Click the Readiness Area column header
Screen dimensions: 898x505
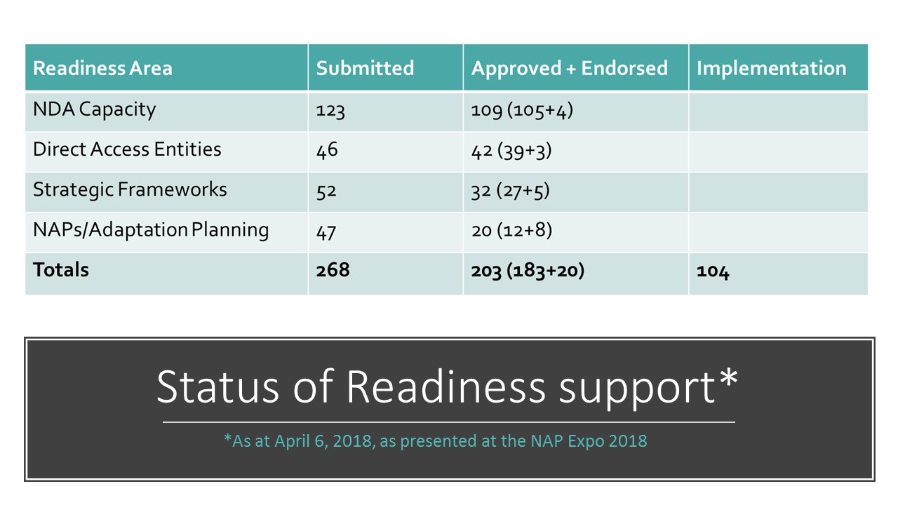pyautogui.click(x=102, y=68)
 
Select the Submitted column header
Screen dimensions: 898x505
pyautogui.click(x=365, y=68)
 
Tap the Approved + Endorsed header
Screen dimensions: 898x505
pyautogui.click(x=569, y=68)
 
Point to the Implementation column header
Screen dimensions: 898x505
pyautogui.click(x=771, y=68)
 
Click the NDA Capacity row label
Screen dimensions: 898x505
pyautogui.click(x=94, y=109)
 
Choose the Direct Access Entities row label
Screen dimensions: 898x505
pyautogui.click(x=127, y=149)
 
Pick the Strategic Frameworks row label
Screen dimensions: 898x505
pyautogui.click(x=130, y=189)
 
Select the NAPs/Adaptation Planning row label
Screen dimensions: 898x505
pyautogui.click(x=151, y=230)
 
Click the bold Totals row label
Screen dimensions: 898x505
pyautogui.click(x=61, y=269)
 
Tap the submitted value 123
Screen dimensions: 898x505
pyautogui.click(x=330, y=111)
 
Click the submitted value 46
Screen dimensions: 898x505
pyautogui.click(x=327, y=150)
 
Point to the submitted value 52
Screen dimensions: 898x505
pyautogui.click(x=326, y=191)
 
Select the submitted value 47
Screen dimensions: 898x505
pyautogui.click(x=326, y=232)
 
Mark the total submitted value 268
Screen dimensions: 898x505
pyautogui.click(x=333, y=270)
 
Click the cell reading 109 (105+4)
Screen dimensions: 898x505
pyautogui.click(x=522, y=111)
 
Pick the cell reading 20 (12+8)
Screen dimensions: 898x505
pyautogui.click(x=511, y=231)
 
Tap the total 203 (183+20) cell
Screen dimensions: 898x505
pyautogui.click(x=528, y=271)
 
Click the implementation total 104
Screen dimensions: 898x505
pyautogui.click(x=713, y=271)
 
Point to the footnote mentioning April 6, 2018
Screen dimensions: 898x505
pyautogui.click(x=436, y=441)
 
